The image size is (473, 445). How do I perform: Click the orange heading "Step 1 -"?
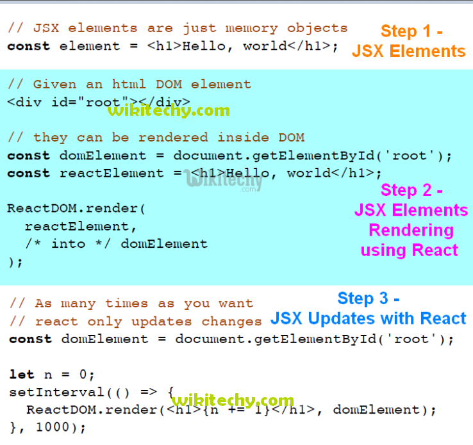pos(411,31)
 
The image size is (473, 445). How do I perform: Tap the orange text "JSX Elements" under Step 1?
pos(409,51)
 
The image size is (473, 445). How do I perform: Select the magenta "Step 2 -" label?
pos(411,190)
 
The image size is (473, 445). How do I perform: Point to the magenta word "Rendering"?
pos(411,230)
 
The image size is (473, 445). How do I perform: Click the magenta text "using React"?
pos(410,250)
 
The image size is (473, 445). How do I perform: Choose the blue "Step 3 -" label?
pos(369,298)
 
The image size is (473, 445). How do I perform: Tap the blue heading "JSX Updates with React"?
pos(368,318)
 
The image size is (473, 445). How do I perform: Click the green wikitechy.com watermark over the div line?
pos(169,110)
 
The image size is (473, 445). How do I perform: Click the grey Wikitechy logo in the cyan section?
pos(224,181)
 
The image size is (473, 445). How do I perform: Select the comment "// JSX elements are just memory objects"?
pos(178,28)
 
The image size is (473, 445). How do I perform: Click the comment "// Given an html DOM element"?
pos(129,85)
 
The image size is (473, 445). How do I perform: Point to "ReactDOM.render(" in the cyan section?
pos(77,209)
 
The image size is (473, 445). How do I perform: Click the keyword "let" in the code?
pos(22,374)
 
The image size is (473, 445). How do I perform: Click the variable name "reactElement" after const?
pos(112,173)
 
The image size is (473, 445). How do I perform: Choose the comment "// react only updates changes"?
pos(135,321)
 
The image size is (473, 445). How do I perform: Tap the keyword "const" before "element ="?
pos(28,46)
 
